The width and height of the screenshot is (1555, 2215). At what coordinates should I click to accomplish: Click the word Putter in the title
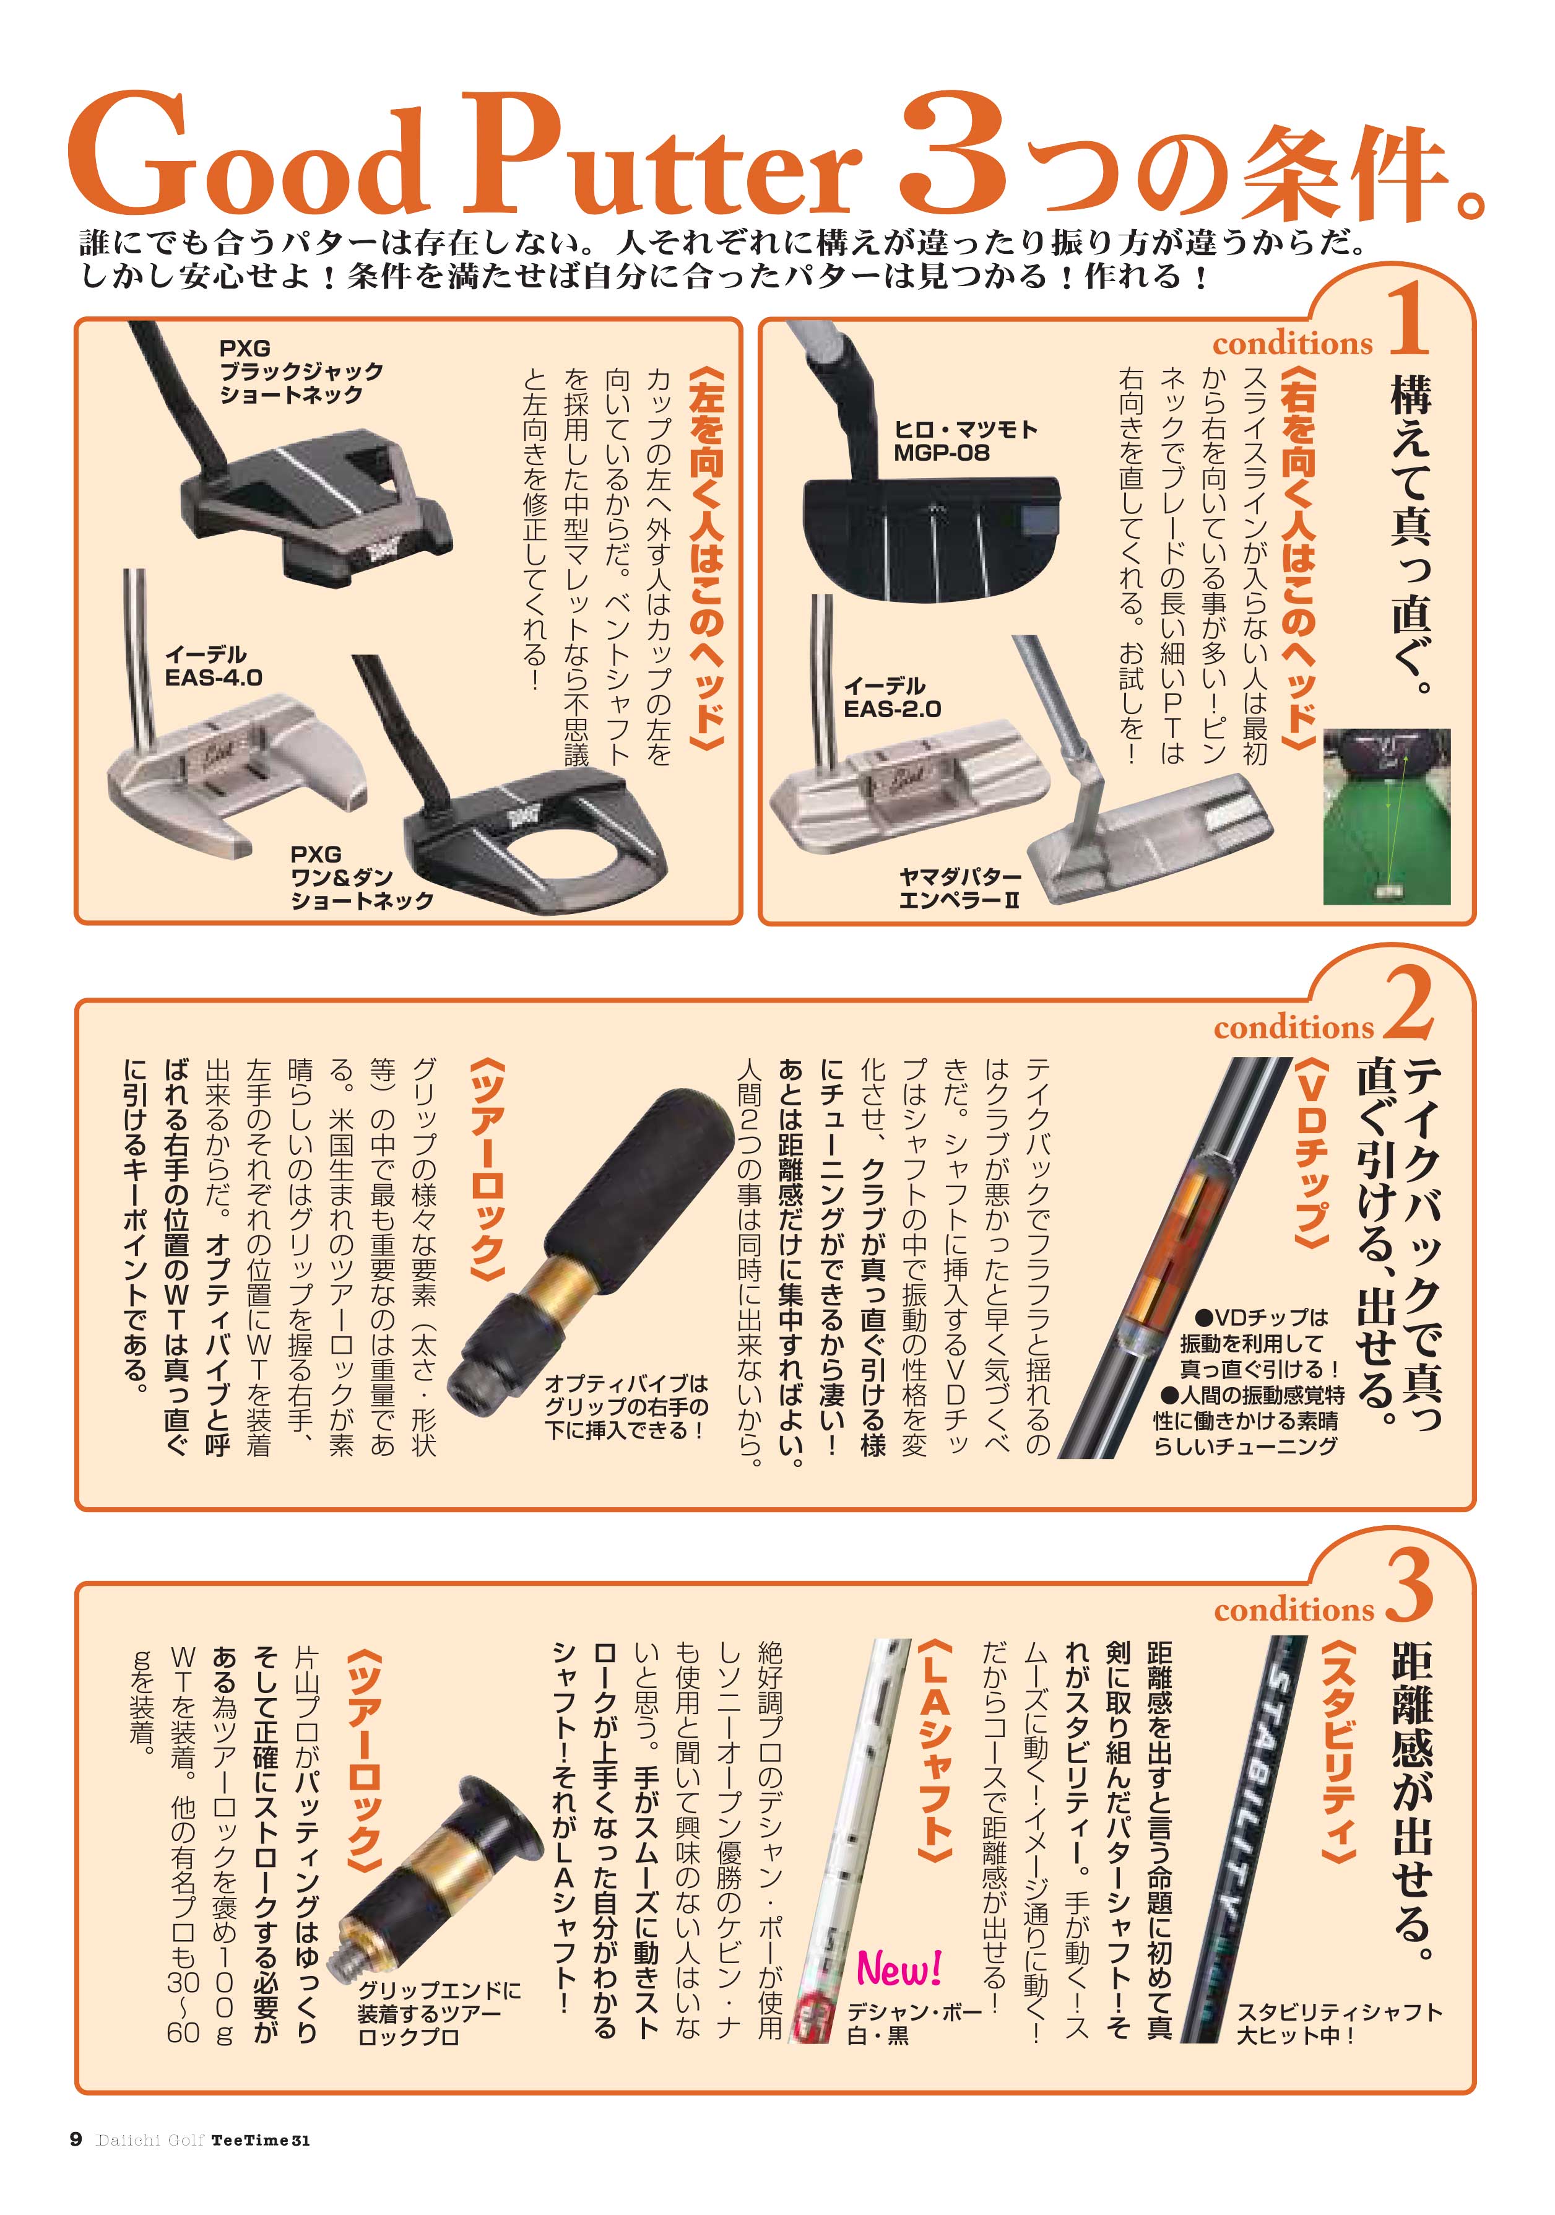(x=664, y=154)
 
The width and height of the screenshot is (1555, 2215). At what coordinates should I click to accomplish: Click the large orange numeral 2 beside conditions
(x=1410, y=1003)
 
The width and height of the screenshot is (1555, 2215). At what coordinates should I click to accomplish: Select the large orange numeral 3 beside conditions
(x=1410, y=1589)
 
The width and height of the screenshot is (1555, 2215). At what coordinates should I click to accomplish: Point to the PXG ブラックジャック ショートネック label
(x=301, y=372)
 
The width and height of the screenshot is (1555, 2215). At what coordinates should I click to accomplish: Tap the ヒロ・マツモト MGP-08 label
(x=964, y=441)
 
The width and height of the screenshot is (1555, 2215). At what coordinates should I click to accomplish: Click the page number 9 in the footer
(x=76, y=2166)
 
